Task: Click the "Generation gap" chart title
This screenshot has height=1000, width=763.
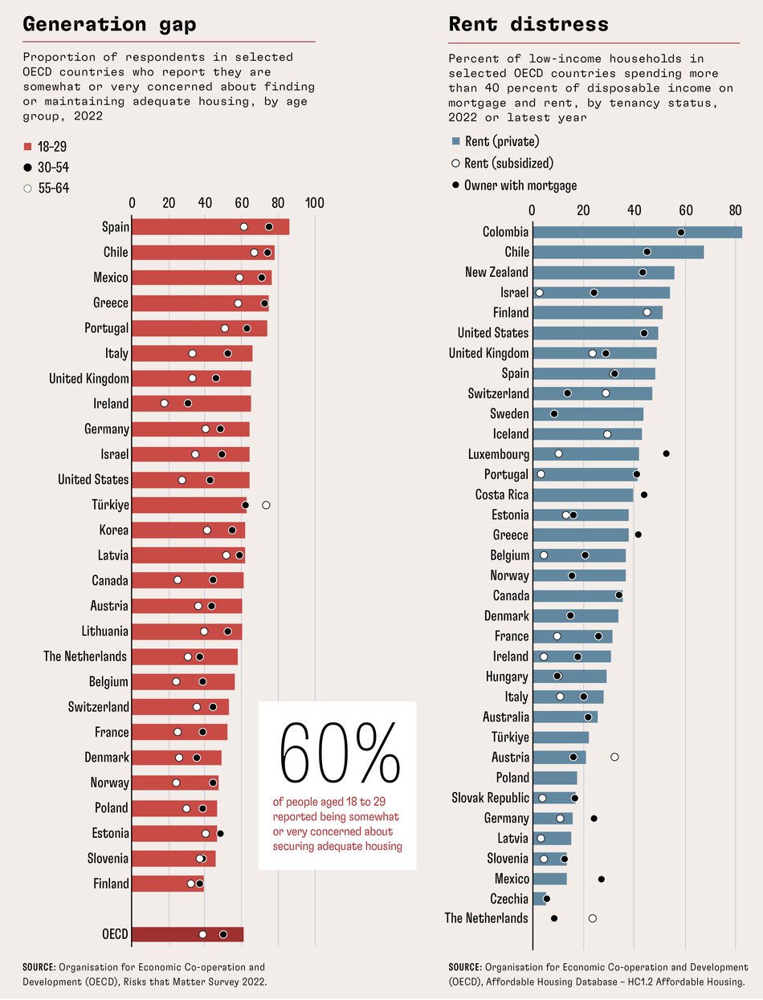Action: [x=109, y=24]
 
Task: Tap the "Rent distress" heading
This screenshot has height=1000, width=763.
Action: [x=528, y=24]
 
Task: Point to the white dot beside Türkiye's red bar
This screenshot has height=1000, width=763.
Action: [x=266, y=505]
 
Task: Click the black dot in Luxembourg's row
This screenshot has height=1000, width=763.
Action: [x=666, y=453]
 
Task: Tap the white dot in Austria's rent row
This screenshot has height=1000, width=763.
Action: [x=614, y=757]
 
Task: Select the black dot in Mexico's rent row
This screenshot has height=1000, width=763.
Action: [x=601, y=879]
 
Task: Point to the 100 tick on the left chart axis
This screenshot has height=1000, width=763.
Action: [x=314, y=203]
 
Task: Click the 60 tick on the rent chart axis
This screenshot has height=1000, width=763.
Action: [x=685, y=211]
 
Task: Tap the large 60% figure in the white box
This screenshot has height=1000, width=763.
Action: [x=337, y=759]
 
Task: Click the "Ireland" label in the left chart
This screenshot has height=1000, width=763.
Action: [x=110, y=404]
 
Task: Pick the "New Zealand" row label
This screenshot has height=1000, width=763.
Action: [x=496, y=272]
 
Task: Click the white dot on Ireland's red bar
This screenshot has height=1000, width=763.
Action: [x=165, y=403]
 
